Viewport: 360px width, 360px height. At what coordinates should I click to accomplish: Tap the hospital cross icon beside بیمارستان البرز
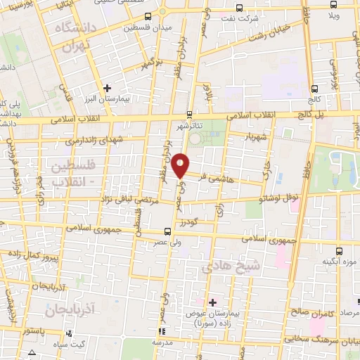coord(106,88)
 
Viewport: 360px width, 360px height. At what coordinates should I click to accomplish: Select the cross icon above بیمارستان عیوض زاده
coord(213,302)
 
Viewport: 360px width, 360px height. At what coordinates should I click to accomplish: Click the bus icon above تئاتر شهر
coord(189,115)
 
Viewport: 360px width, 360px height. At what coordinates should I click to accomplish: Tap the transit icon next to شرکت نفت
coord(239,8)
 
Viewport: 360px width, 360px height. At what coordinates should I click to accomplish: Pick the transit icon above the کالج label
coord(314,89)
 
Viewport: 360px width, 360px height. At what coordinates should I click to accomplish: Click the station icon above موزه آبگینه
coord(340,250)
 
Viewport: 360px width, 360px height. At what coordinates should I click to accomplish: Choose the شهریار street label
coord(255,136)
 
